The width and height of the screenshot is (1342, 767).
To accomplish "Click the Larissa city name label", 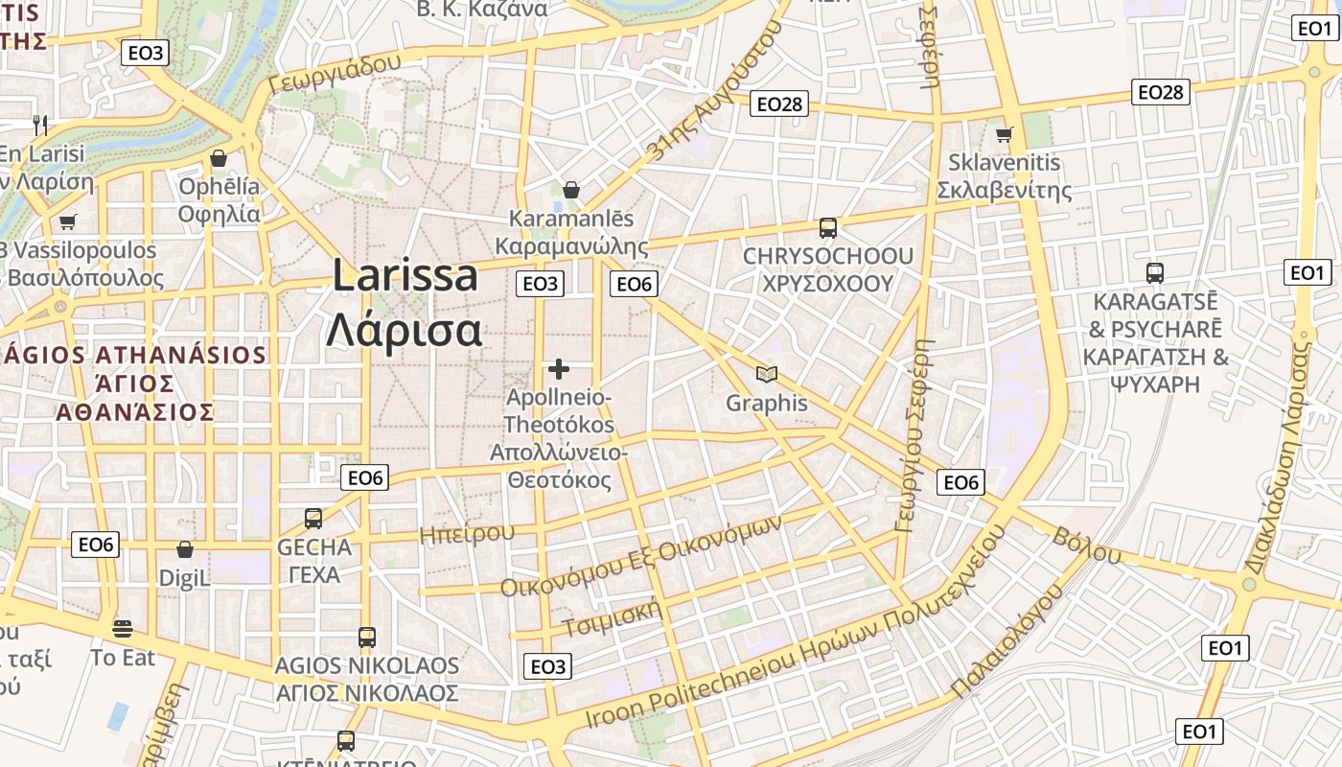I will [x=405, y=276].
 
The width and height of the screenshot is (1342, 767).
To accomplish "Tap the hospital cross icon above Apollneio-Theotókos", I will [x=559, y=368].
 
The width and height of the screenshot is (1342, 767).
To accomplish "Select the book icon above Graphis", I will [x=767, y=374].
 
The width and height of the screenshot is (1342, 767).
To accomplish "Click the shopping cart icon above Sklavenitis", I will [x=1005, y=134].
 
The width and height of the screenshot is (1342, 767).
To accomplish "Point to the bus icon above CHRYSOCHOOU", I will [x=828, y=228].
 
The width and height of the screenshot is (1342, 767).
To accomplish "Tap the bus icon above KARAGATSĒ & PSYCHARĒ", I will [x=1155, y=272].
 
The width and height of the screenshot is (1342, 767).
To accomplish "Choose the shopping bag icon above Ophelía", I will [x=219, y=158].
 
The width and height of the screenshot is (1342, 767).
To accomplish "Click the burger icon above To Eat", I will [x=123, y=629].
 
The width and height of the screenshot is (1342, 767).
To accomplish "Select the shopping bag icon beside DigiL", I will [x=185, y=549].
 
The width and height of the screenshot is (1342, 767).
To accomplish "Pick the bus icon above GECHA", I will [x=313, y=519].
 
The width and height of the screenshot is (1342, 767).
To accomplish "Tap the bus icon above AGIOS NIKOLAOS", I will [x=366, y=637].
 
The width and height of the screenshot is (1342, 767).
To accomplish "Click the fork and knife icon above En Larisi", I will [x=40, y=125].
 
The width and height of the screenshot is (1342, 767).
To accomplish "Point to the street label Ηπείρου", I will [x=467, y=533].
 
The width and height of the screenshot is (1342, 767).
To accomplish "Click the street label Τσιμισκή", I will [x=613, y=618].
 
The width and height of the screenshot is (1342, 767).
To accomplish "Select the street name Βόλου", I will [x=1087, y=545].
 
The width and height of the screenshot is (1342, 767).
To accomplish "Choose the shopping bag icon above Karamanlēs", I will [x=571, y=190].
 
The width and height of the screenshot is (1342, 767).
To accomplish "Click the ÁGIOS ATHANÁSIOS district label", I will [x=134, y=383].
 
